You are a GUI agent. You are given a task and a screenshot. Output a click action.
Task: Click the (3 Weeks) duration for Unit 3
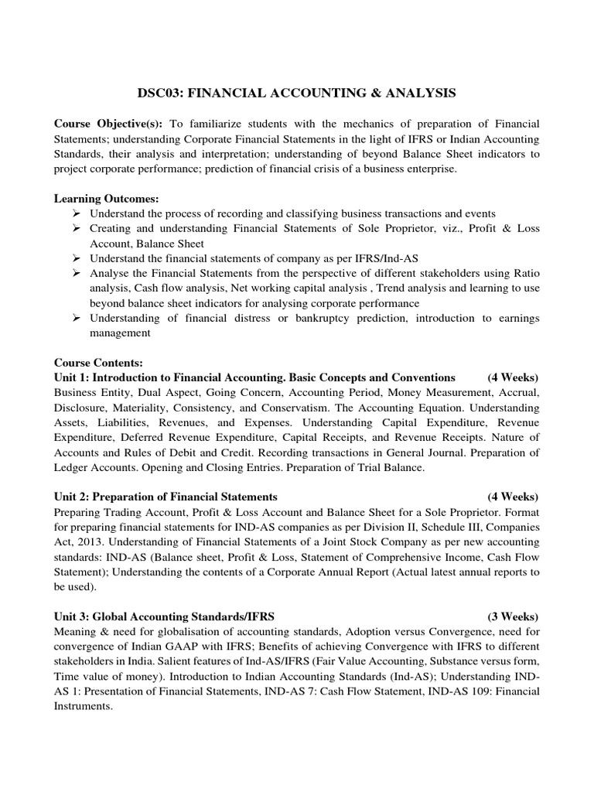[x=513, y=616]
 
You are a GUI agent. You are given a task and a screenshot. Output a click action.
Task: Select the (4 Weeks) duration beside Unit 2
[x=513, y=496]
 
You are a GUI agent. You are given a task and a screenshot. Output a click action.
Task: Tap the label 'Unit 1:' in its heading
[x=72, y=377]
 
